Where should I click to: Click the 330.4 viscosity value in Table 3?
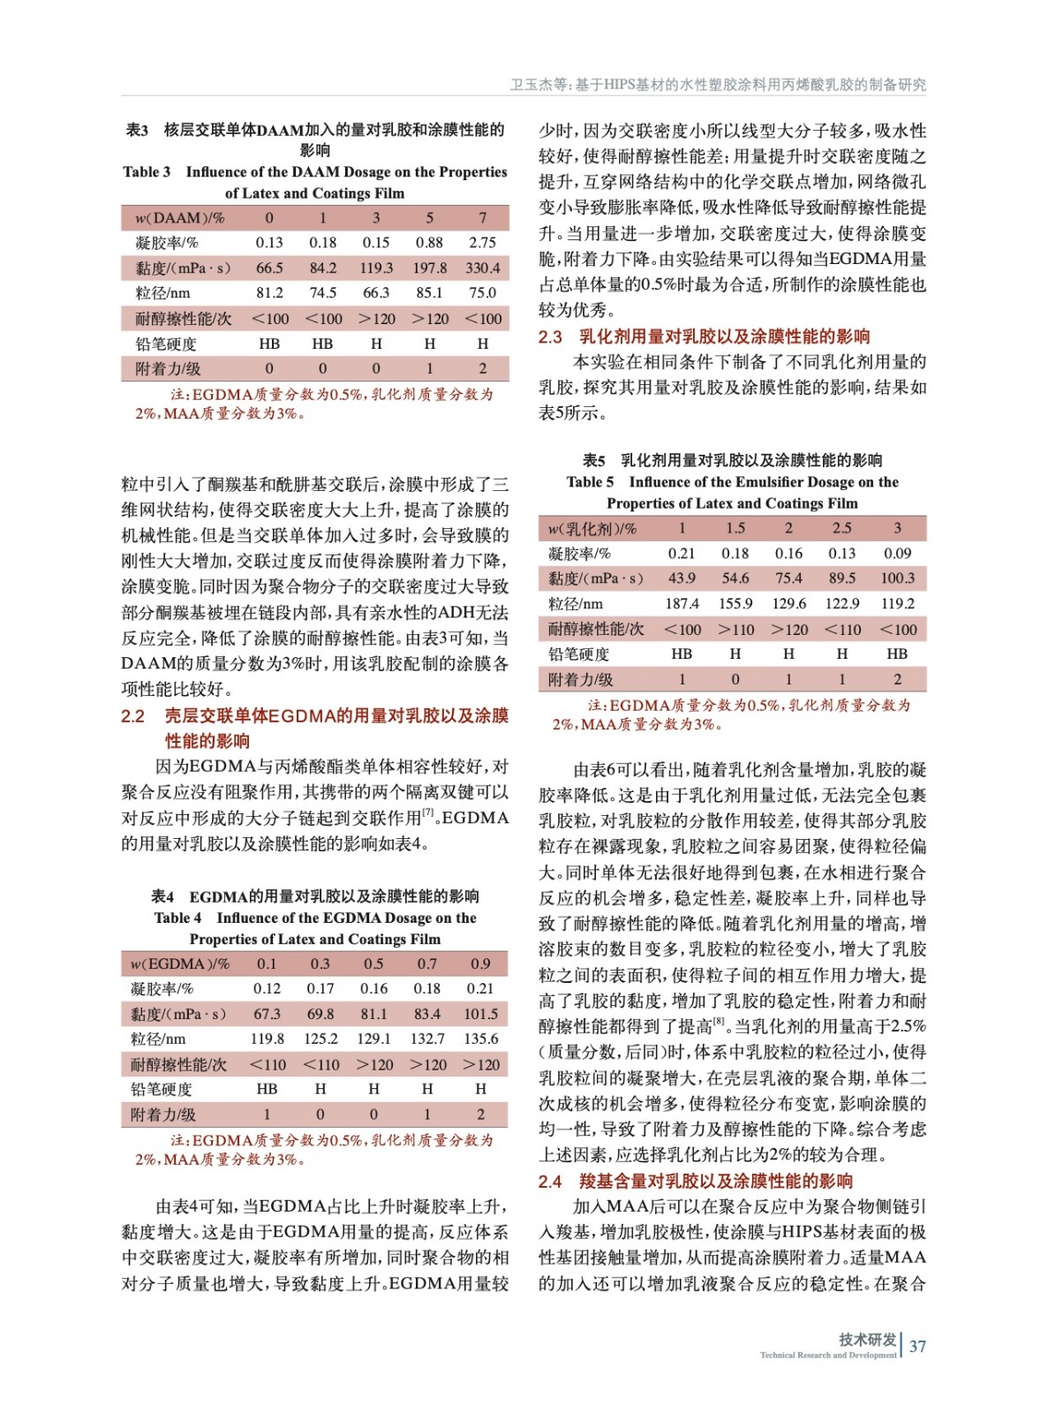coord(482,268)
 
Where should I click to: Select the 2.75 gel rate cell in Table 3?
coord(482,243)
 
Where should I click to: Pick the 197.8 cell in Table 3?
coord(429,268)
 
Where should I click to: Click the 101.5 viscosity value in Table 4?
coord(480,1014)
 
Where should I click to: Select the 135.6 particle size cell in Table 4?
coord(480,1039)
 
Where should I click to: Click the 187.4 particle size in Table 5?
coord(682,604)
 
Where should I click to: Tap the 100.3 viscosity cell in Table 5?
coord(897,578)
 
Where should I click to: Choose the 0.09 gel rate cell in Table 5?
coord(897,554)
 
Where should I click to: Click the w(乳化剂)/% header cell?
coord(592,528)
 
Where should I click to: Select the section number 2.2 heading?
coord(132,716)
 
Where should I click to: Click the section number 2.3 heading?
coord(550,336)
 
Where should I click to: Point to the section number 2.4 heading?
coord(550,1182)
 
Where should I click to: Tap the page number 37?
coord(917,1347)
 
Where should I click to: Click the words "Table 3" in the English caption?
coord(147,172)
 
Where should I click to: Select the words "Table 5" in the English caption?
coord(590,482)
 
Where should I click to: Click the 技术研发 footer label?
coord(867,1340)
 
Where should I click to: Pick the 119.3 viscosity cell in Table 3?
coord(376,268)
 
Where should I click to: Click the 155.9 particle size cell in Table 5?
coord(735,604)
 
